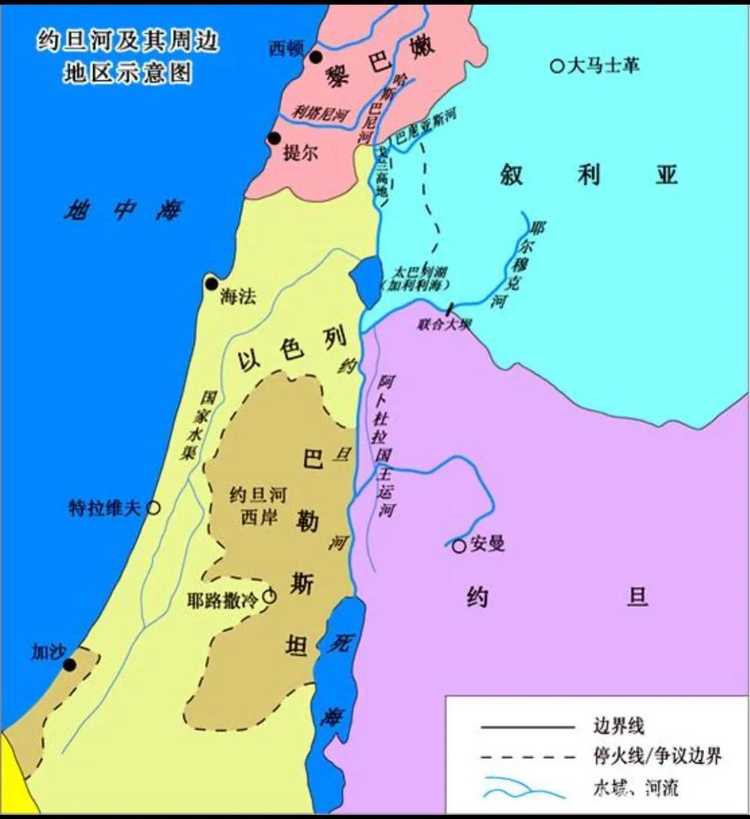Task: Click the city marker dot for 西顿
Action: [x=316, y=57]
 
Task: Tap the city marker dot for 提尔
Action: [x=274, y=139]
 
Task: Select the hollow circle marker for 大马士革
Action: [x=557, y=66]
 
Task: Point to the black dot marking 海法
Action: [x=211, y=283]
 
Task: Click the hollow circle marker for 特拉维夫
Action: [x=153, y=508]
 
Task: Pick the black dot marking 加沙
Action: [x=69, y=665]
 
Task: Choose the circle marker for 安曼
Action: [x=458, y=546]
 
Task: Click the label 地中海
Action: [x=124, y=209]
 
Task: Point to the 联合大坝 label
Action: [x=444, y=324]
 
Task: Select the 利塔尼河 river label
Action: [x=319, y=113]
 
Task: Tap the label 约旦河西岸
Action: [x=258, y=505]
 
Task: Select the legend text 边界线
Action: [x=618, y=727]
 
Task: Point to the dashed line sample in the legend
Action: [x=528, y=756]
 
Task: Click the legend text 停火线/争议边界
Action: [x=657, y=756]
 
